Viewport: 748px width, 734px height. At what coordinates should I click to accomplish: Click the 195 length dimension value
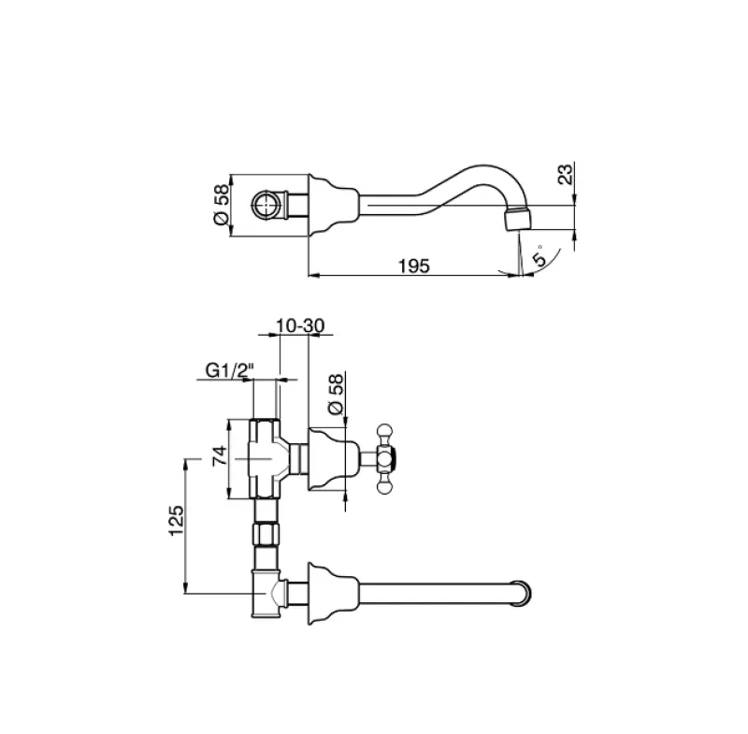pyautogui.click(x=412, y=266)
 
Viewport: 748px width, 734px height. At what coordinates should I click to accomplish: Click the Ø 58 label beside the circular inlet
pyautogui.click(x=221, y=203)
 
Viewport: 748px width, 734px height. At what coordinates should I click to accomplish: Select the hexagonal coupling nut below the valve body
pyautogui.click(x=266, y=536)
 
